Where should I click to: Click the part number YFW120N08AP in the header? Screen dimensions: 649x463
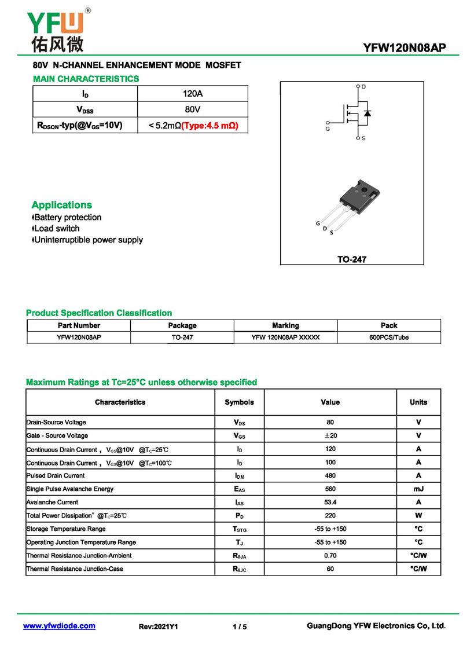coord(405,48)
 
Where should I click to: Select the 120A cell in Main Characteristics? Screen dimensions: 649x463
coord(192,94)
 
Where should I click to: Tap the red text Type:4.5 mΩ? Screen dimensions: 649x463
coord(210,125)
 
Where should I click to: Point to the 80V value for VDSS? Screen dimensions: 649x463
coord(192,109)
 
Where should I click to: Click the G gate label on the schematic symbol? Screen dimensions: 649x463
coord(328,129)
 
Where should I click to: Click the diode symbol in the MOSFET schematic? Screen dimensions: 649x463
coord(368,112)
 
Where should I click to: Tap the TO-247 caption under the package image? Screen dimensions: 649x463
coord(352,260)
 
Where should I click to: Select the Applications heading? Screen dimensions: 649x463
coord(61,205)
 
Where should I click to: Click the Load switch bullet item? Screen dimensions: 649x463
coord(57,229)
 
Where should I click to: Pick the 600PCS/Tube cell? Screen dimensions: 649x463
coord(389,338)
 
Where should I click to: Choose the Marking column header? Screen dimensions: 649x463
coord(285,325)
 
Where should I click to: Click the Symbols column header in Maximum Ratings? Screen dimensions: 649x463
coord(239,402)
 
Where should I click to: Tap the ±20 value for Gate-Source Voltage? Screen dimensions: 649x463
coord(330,435)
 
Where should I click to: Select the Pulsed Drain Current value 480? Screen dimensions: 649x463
coord(330,475)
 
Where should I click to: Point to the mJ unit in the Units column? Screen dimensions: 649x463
coord(418,489)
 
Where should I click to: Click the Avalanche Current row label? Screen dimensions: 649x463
coord(53,502)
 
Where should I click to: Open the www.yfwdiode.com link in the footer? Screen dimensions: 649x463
coord(59,626)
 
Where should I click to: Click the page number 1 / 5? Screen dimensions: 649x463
coord(240,626)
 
